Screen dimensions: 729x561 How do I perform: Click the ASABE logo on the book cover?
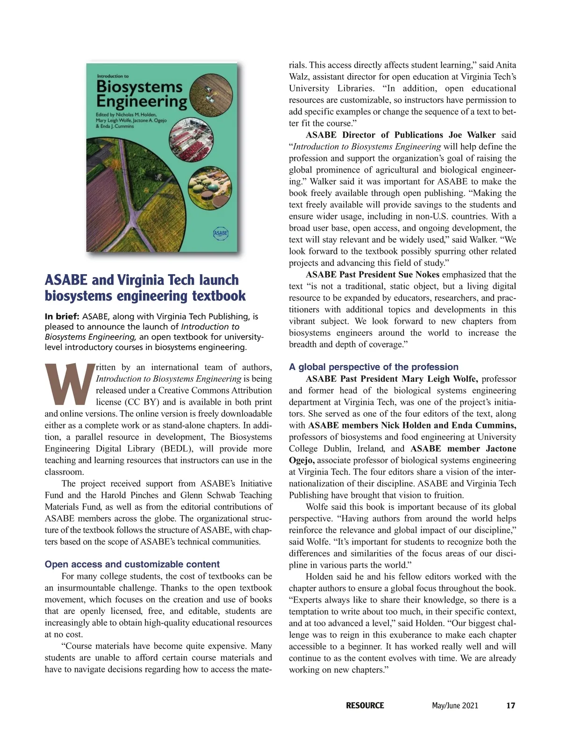(x=221, y=233)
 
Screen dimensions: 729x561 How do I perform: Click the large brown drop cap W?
(x=69, y=384)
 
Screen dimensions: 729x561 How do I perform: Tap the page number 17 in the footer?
(x=511, y=705)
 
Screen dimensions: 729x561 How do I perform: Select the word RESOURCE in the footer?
(x=365, y=705)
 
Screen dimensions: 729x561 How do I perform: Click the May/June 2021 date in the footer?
(x=455, y=705)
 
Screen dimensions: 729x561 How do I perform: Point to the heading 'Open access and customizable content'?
(x=132, y=564)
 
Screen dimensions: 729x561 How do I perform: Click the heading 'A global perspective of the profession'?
(x=374, y=367)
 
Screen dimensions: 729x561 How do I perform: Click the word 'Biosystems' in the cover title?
(x=139, y=87)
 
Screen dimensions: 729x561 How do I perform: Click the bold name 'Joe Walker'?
(x=472, y=135)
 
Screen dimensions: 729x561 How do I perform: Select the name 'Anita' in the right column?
(x=506, y=65)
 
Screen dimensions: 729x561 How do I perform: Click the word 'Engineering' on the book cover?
(x=141, y=102)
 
